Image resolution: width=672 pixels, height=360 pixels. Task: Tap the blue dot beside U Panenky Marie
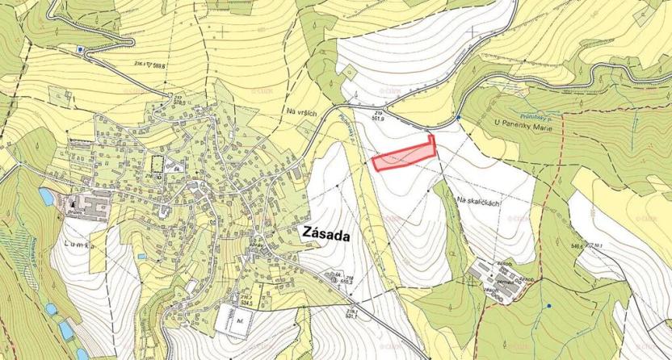tap(458, 118)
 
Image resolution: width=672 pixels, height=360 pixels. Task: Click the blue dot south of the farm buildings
tap(548, 307)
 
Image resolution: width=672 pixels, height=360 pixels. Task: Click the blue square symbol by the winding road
tap(81, 49)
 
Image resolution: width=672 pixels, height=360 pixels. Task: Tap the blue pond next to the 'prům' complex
tap(45, 196)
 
